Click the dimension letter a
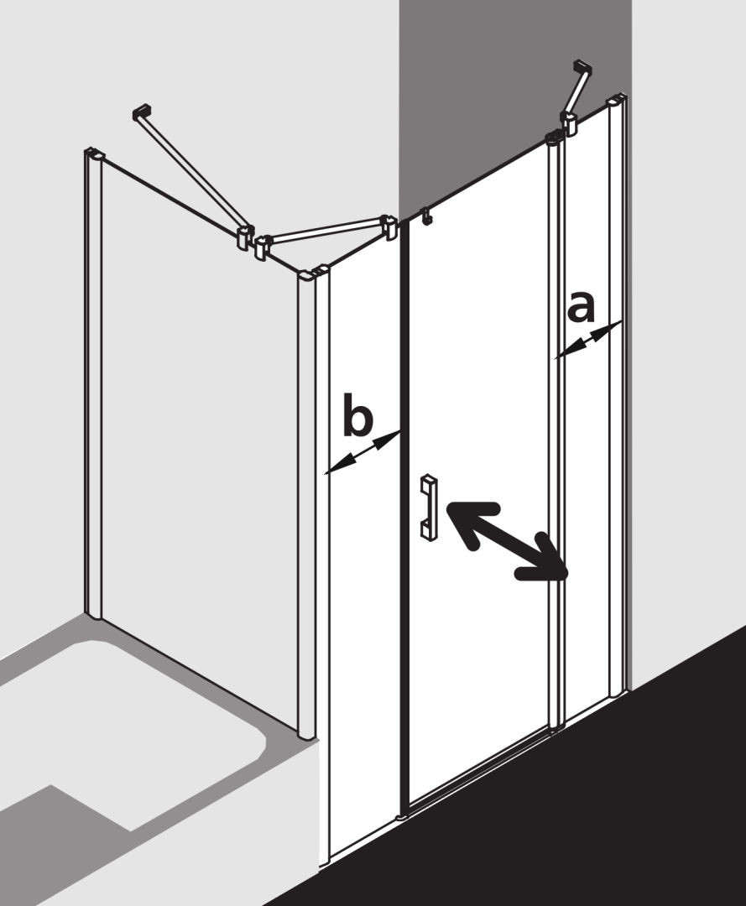(x=582, y=307)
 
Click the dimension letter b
(x=358, y=414)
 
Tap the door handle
(x=429, y=508)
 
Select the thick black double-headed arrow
(x=506, y=540)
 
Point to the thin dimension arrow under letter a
(x=587, y=341)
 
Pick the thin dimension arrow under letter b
(x=363, y=452)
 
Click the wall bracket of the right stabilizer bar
(x=582, y=68)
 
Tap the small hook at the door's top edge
(x=427, y=215)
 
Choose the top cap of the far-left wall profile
(x=94, y=154)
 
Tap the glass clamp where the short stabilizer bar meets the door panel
(x=391, y=228)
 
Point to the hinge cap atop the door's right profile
(x=555, y=138)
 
